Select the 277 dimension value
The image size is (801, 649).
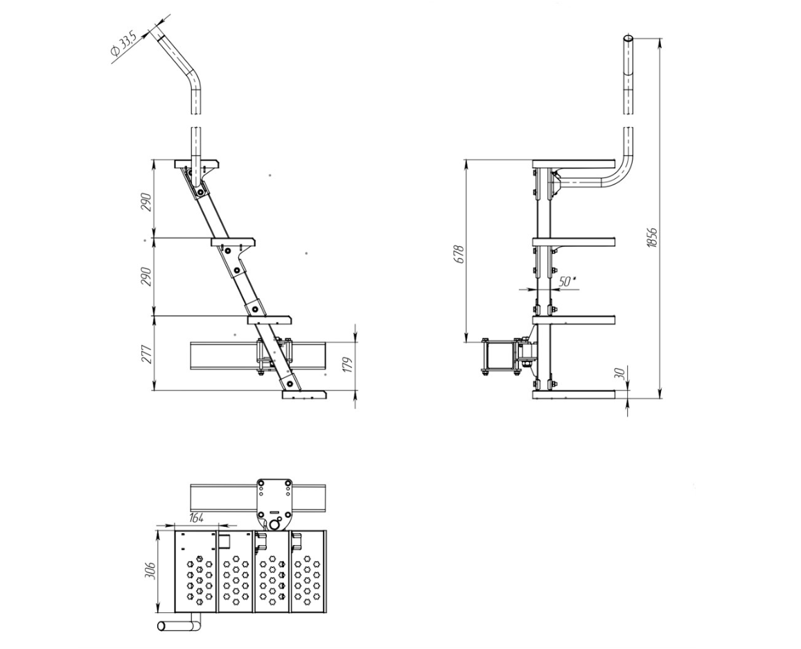146,354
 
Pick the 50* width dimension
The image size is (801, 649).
566,282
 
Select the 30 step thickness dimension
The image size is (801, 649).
619,373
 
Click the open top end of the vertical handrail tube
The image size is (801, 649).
628,39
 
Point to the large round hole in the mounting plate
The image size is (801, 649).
275,523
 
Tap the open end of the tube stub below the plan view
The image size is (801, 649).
161,626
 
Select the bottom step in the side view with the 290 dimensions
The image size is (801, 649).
304,395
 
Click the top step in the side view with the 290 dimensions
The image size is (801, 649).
197,164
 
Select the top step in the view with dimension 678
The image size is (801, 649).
573,164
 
